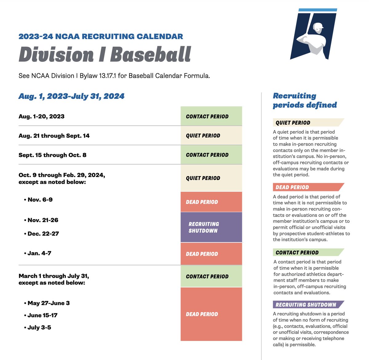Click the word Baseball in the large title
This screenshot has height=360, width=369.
[x=150, y=54]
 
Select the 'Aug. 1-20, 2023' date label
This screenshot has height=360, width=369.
[x=42, y=116]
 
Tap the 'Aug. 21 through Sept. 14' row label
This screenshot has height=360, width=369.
[x=54, y=136]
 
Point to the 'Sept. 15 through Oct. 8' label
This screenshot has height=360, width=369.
[x=53, y=155]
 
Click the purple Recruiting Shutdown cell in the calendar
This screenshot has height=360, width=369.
[x=211, y=227]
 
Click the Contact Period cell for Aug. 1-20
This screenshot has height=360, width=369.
[x=211, y=116]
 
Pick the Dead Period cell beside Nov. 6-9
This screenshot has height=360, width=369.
[x=211, y=202]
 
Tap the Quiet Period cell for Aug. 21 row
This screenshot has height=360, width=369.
[x=211, y=136]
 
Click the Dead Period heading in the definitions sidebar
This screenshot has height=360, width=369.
[x=292, y=187]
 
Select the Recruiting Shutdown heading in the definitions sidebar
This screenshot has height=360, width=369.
[x=306, y=305]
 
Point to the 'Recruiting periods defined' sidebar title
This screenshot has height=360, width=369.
[x=305, y=100]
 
